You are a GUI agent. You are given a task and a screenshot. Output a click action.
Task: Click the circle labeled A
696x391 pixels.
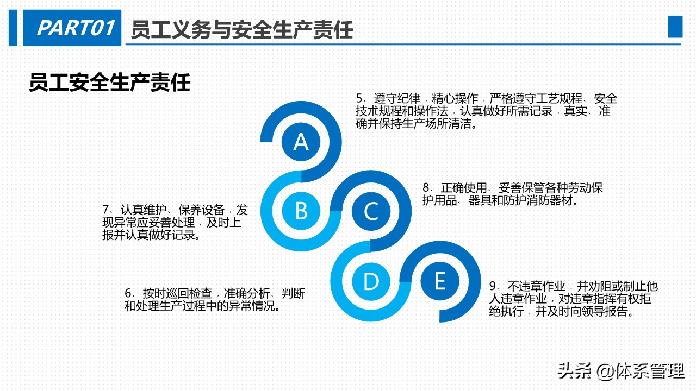point(301,142)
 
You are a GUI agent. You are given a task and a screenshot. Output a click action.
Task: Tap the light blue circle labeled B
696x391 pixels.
point(301,211)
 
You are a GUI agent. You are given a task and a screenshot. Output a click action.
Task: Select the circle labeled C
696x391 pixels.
point(371,211)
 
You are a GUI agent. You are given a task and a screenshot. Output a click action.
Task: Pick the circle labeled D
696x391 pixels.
point(371,281)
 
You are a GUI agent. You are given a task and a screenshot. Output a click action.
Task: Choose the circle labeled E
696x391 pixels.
point(440,281)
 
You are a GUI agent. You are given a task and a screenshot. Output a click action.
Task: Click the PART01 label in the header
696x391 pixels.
point(76,28)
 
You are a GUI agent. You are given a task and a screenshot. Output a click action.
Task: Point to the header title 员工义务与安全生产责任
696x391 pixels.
point(242,29)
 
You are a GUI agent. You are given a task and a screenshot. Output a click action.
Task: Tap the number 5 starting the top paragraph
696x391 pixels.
point(359,99)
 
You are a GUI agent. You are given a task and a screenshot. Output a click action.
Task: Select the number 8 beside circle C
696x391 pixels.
point(426,188)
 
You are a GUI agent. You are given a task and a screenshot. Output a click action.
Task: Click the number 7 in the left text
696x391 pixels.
point(106,210)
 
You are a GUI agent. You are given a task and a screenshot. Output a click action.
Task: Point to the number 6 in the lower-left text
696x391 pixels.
point(128,294)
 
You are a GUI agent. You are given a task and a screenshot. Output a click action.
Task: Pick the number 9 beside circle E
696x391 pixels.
point(493,286)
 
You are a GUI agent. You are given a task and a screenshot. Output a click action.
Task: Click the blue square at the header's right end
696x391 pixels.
point(675,27)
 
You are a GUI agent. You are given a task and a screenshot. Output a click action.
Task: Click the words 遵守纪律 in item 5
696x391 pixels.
point(397,99)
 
